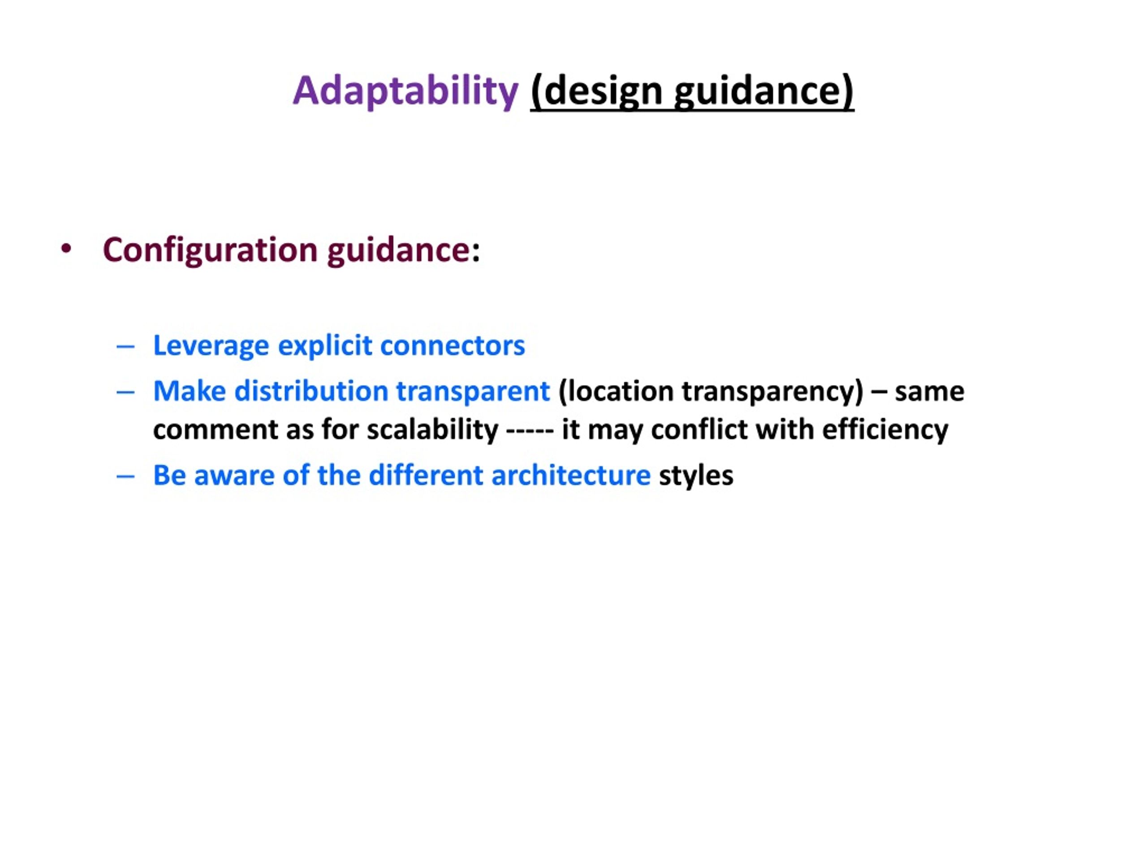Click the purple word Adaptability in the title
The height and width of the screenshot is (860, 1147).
[405, 91]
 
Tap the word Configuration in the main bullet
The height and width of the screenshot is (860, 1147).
[210, 250]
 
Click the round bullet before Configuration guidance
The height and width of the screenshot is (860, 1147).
[66, 249]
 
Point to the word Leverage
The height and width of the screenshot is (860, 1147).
[211, 346]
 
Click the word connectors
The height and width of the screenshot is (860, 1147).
[453, 346]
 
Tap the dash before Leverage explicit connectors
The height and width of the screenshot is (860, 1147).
[125, 347]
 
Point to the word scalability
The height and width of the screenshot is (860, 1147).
[432, 430]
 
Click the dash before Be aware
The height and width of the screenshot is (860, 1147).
[125, 477]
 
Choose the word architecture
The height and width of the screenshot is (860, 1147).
[571, 475]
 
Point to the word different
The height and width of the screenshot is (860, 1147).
[426, 475]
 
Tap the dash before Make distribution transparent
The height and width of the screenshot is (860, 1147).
[125, 392]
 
